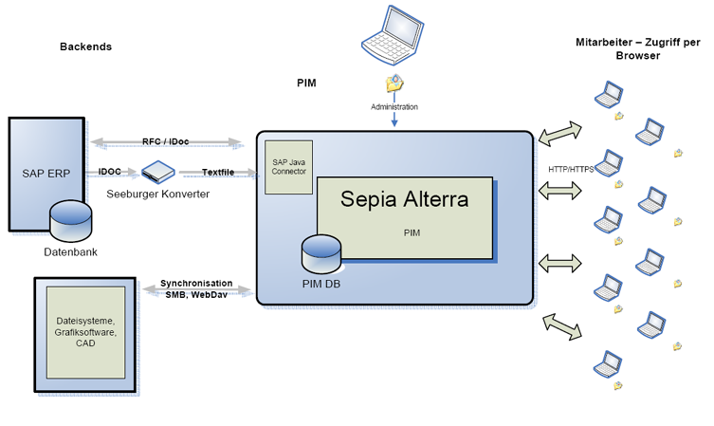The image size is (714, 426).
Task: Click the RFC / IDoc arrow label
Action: pyautogui.click(x=166, y=141)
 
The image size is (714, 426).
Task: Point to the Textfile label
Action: pyautogui.click(x=218, y=172)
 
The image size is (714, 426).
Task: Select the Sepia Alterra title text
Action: pyautogui.click(x=405, y=200)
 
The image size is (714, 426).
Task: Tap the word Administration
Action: pyautogui.click(x=394, y=107)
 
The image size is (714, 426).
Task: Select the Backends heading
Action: pyautogui.click(x=85, y=46)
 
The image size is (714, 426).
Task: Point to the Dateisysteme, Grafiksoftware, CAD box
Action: pyautogui.click(x=86, y=332)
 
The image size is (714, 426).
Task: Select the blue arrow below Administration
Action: pyautogui.click(x=394, y=121)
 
